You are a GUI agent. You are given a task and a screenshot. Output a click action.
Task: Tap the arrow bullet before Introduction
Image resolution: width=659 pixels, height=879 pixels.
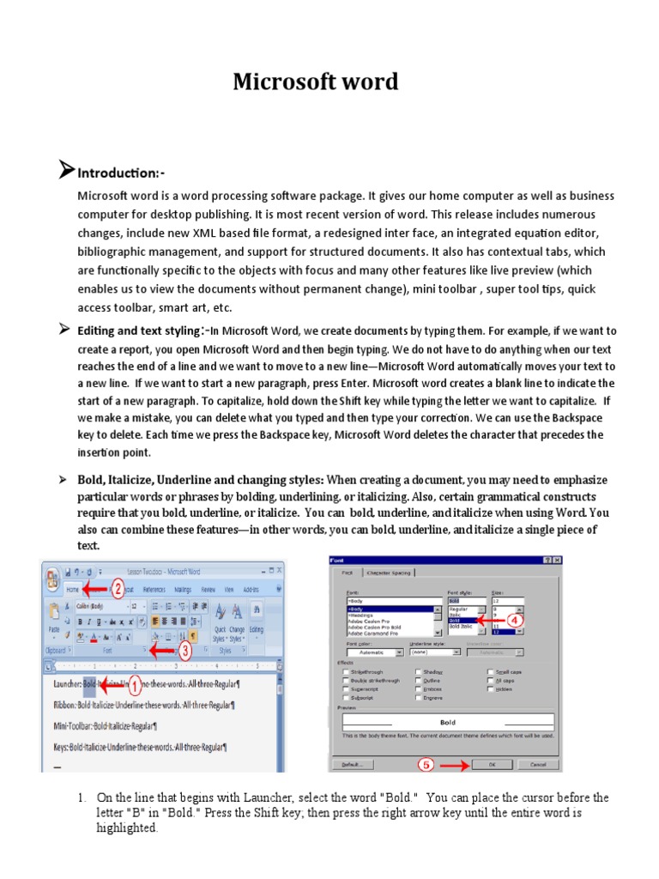pos(66,171)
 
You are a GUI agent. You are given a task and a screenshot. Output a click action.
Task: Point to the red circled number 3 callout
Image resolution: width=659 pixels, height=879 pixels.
pos(184,650)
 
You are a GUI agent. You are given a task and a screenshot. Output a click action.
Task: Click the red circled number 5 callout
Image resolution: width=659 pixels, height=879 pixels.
pos(426,763)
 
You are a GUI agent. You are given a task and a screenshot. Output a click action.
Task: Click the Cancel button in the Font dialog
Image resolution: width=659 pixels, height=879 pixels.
pos(537,764)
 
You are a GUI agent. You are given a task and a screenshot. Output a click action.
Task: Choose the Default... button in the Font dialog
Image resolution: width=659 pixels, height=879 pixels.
pos(352,764)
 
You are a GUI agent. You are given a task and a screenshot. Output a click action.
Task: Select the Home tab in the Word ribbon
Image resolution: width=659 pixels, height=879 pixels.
pos(72,590)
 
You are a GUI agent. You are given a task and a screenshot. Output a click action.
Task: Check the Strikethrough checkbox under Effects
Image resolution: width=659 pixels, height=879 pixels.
pos(346,672)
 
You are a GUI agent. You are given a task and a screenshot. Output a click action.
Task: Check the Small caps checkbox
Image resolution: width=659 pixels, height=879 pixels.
pos(491,672)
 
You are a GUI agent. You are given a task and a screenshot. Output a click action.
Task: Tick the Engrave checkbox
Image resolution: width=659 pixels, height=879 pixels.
pos(418,698)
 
